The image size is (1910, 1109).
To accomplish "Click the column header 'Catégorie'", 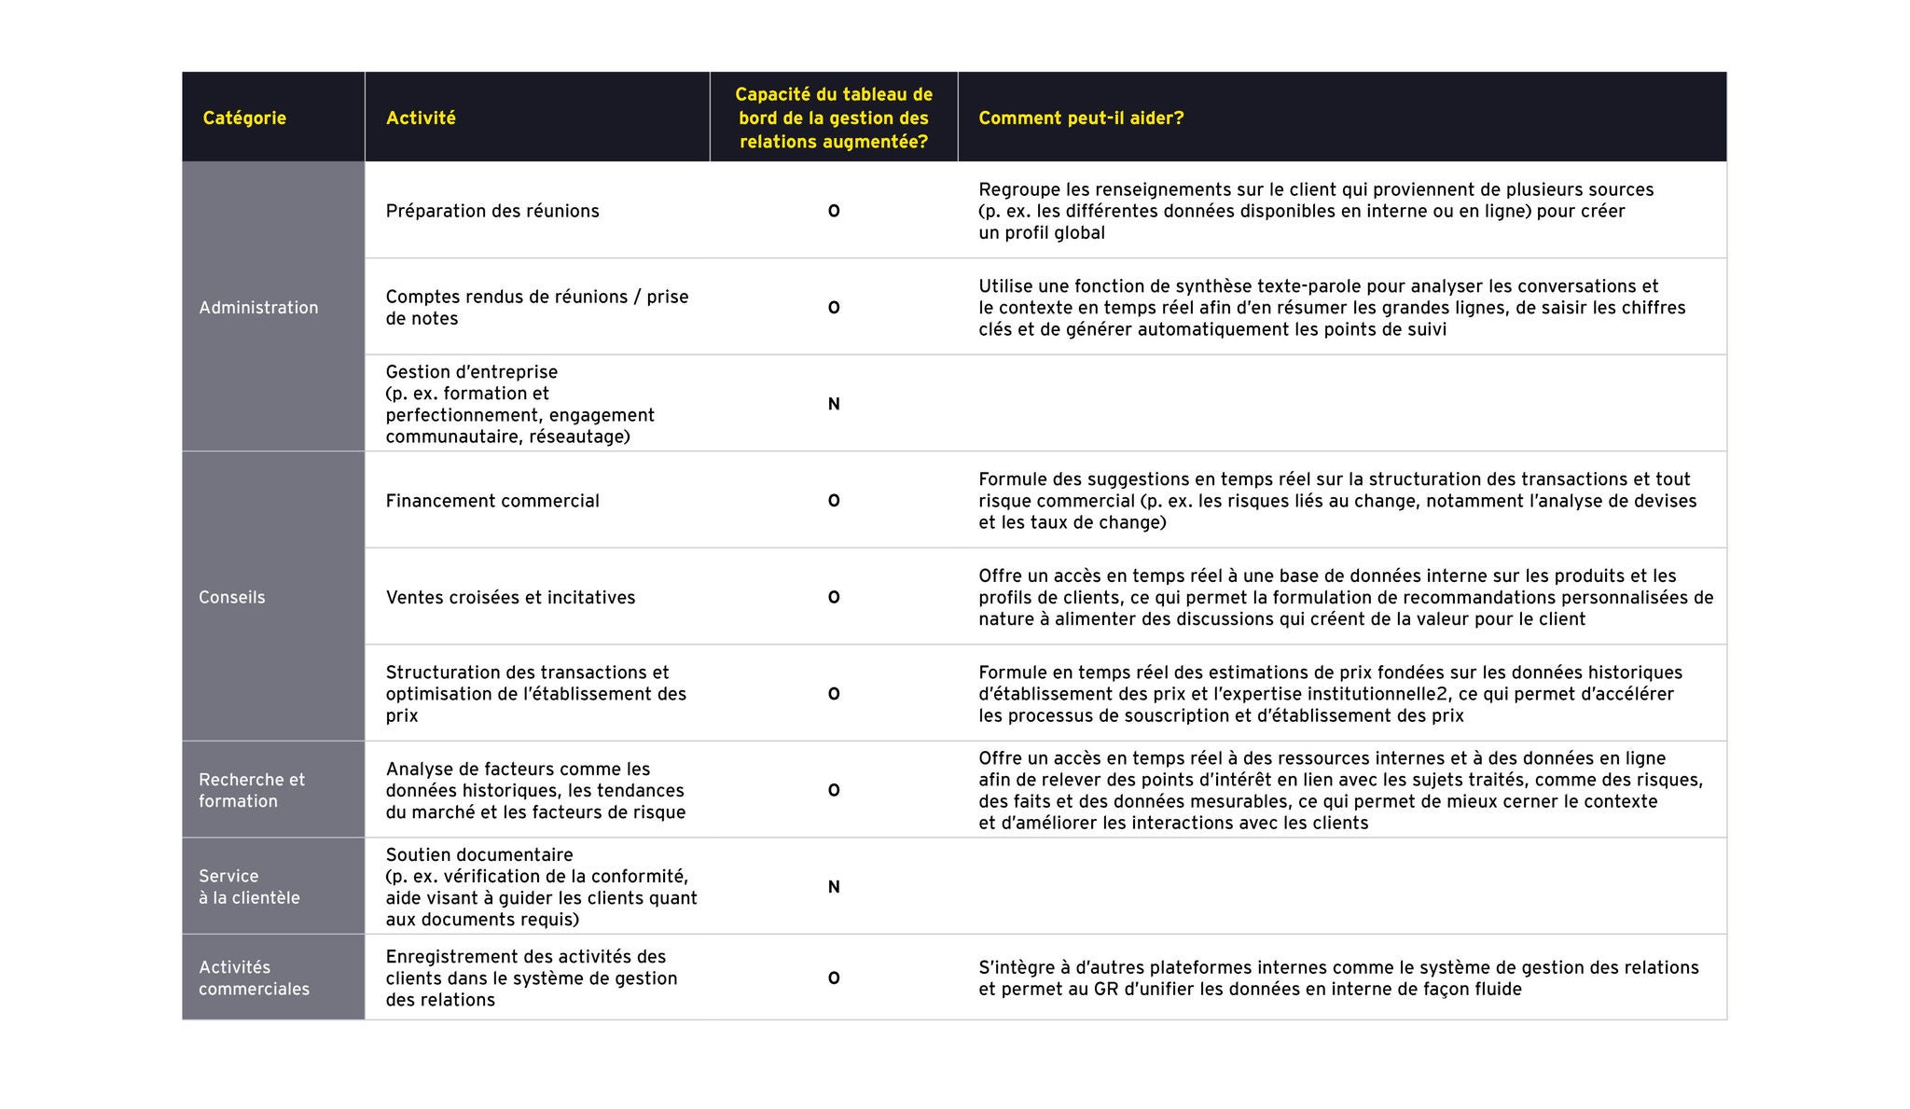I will click(x=244, y=118).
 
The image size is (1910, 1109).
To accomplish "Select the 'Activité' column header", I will click(x=421, y=118).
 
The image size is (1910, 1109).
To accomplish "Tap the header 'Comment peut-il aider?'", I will click(x=1081, y=118).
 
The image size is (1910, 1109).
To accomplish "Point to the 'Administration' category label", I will click(x=258, y=308).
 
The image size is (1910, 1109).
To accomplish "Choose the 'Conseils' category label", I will click(x=231, y=598).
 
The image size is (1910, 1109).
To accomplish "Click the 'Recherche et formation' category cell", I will click(x=252, y=790).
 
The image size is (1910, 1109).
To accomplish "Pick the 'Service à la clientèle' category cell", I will click(x=249, y=887).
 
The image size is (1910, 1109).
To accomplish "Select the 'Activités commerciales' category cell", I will click(x=254, y=978).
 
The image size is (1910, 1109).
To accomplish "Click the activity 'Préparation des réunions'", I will click(x=492, y=211).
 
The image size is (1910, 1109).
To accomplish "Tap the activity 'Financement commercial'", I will click(x=492, y=501).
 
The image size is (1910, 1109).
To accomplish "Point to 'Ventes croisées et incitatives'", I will click(x=510, y=598).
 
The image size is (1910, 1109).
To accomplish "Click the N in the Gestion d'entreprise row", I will click(x=834, y=404).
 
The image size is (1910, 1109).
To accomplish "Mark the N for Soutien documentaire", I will click(x=834, y=887).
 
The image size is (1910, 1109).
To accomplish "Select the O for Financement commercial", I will click(x=834, y=501).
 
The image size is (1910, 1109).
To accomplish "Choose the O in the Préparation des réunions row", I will click(x=834, y=212).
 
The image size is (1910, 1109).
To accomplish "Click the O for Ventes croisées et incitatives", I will click(x=834, y=598).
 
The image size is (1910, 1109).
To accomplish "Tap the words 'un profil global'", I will click(x=1041, y=233).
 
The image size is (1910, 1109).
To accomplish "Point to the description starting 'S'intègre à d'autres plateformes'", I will click(x=1338, y=978).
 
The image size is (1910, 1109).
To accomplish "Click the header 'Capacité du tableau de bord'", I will click(x=834, y=118).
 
